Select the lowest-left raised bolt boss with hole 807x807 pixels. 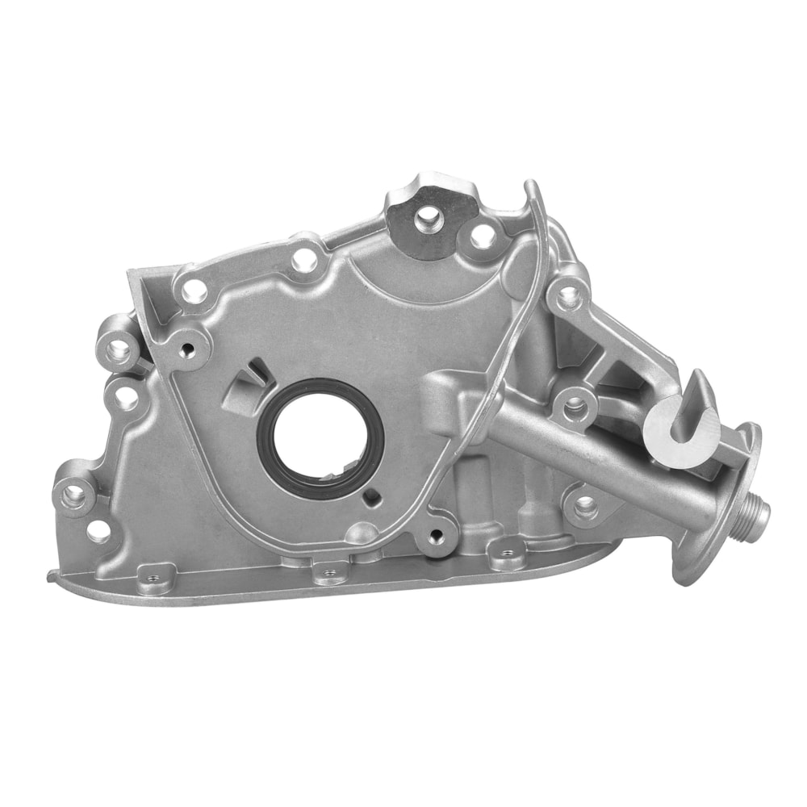(x=74, y=494)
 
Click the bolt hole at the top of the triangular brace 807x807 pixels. (x=568, y=295)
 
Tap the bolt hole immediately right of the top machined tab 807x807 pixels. (x=482, y=236)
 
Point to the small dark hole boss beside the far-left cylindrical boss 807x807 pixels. (x=189, y=349)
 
